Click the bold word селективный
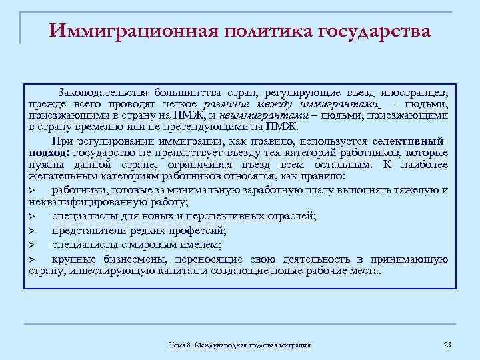click(407, 141)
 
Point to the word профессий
click(198, 231)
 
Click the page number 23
click(447, 344)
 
